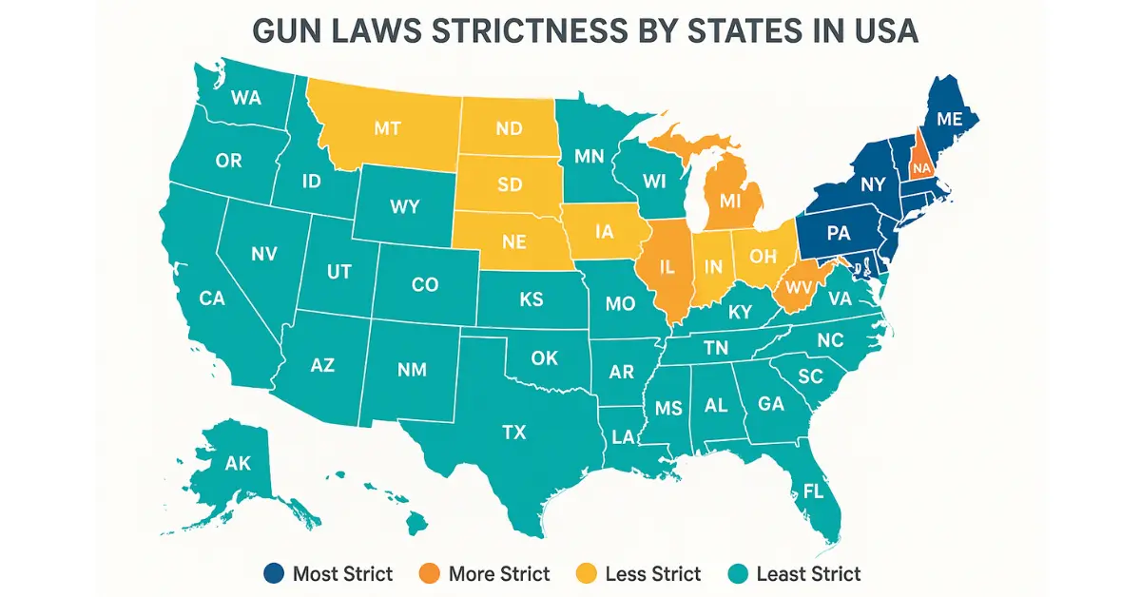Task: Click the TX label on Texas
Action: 513,433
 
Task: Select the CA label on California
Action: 211,298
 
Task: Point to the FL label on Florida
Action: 813,491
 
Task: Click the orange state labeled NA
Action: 919,168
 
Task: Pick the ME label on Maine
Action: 950,119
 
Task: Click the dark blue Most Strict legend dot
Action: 274,573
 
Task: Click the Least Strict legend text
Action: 808,573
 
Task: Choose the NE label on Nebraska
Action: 513,241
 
